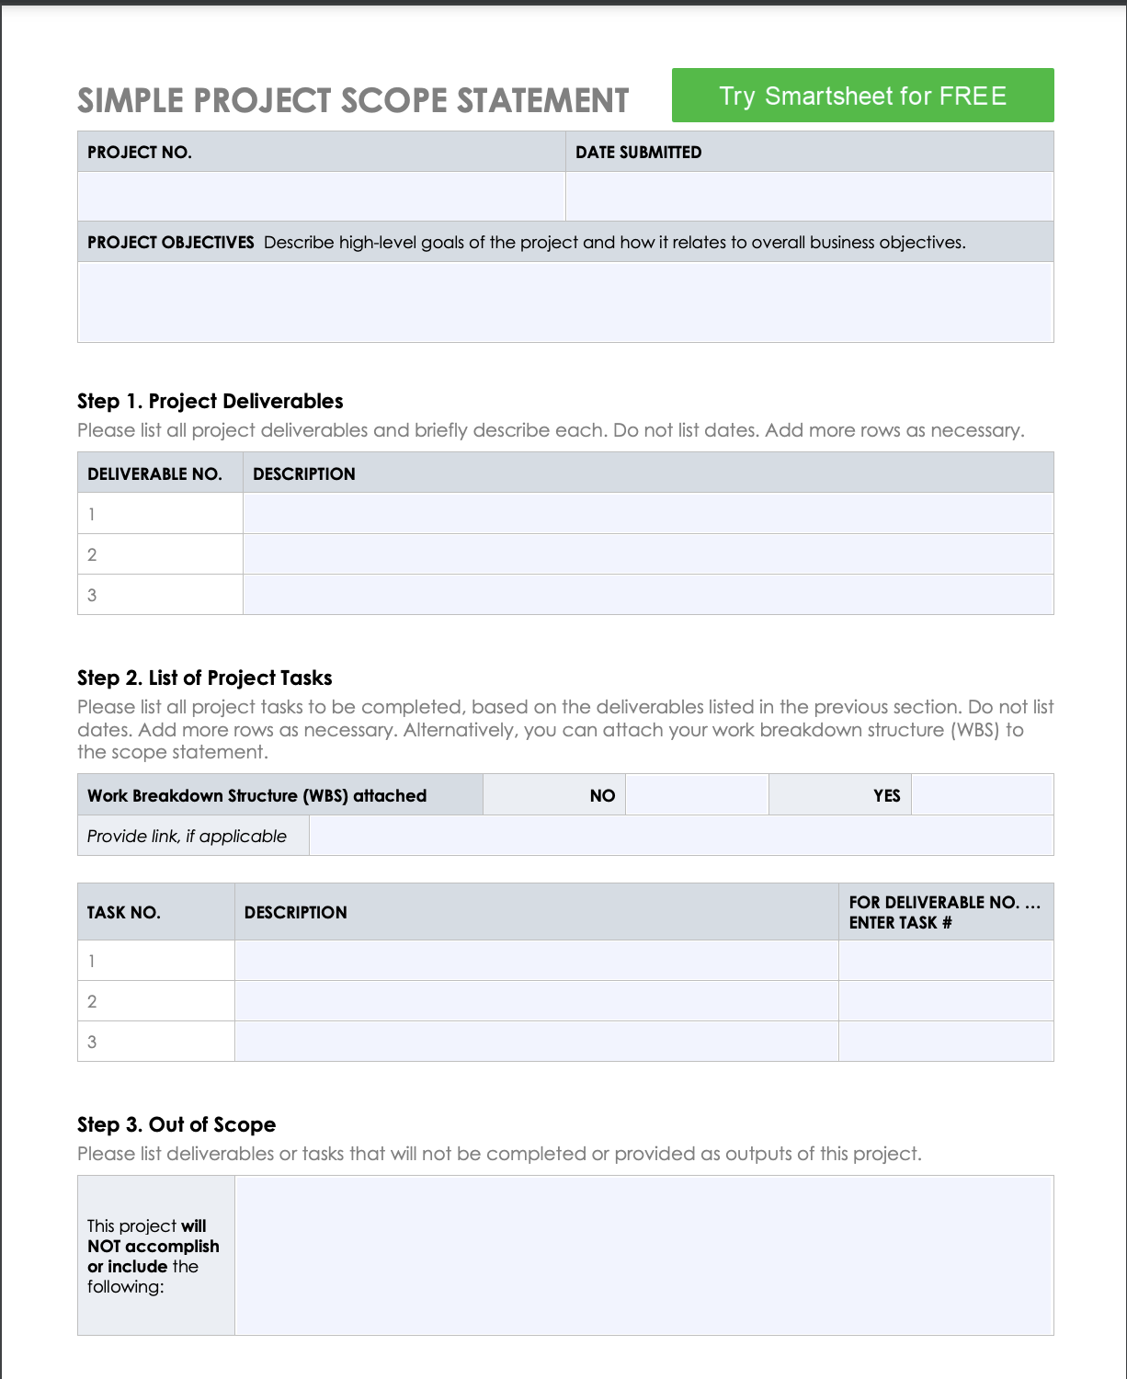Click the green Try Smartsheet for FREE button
(x=862, y=96)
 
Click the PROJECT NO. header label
(x=140, y=153)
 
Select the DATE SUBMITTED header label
(x=638, y=153)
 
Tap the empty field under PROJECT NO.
(x=321, y=196)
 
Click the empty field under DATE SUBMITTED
(x=809, y=196)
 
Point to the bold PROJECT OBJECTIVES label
(x=170, y=243)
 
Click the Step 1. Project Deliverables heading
(x=210, y=401)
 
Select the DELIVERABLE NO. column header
(x=154, y=474)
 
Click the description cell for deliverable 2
(x=647, y=554)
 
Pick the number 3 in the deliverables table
(x=92, y=595)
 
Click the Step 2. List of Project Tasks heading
(x=204, y=678)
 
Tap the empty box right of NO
(x=697, y=795)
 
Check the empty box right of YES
(x=982, y=795)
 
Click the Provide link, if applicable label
(x=187, y=837)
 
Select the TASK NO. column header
(x=124, y=913)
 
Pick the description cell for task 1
(x=536, y=961)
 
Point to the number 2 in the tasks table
(x=92, y=1001)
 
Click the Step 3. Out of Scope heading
(x=176, y=1124)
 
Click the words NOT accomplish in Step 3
(x=154, y=1247)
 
